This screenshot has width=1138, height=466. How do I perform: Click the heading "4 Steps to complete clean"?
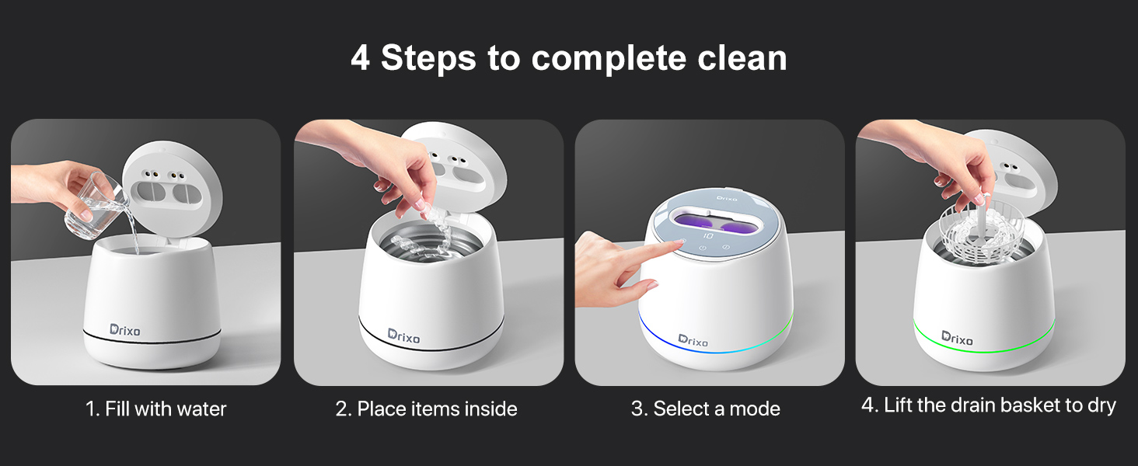coord(568,58)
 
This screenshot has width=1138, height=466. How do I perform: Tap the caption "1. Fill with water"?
coord(155,409)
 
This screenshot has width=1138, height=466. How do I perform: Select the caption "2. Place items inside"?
coord(426,409)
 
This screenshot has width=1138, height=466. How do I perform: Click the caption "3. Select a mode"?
coord(705,409)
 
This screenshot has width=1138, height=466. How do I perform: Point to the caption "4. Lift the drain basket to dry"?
coord(988,405)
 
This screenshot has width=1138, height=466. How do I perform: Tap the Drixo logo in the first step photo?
coord(125,330)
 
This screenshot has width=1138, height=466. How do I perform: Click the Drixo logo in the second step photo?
coord(403,336)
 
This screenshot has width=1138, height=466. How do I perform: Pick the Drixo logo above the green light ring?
coord(957,336)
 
